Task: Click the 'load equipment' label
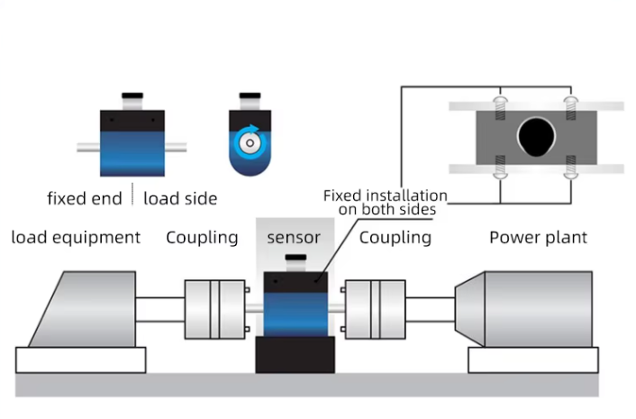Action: (x=76, y=238)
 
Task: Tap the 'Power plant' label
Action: (x=538, y=238)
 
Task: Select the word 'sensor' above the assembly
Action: (x=294, y=238)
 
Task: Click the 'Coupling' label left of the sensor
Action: (x=202, y=238)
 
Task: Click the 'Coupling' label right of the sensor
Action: (x=395, y=238)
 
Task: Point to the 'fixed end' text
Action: (x=84, y=197)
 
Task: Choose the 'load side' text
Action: (x=180, y=197)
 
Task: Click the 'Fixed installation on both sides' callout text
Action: (x=385, y=202)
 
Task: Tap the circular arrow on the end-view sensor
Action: (x=250, y=141)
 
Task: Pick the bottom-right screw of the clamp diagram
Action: (x=568, y=167)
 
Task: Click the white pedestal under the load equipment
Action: (x=81, y=360)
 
